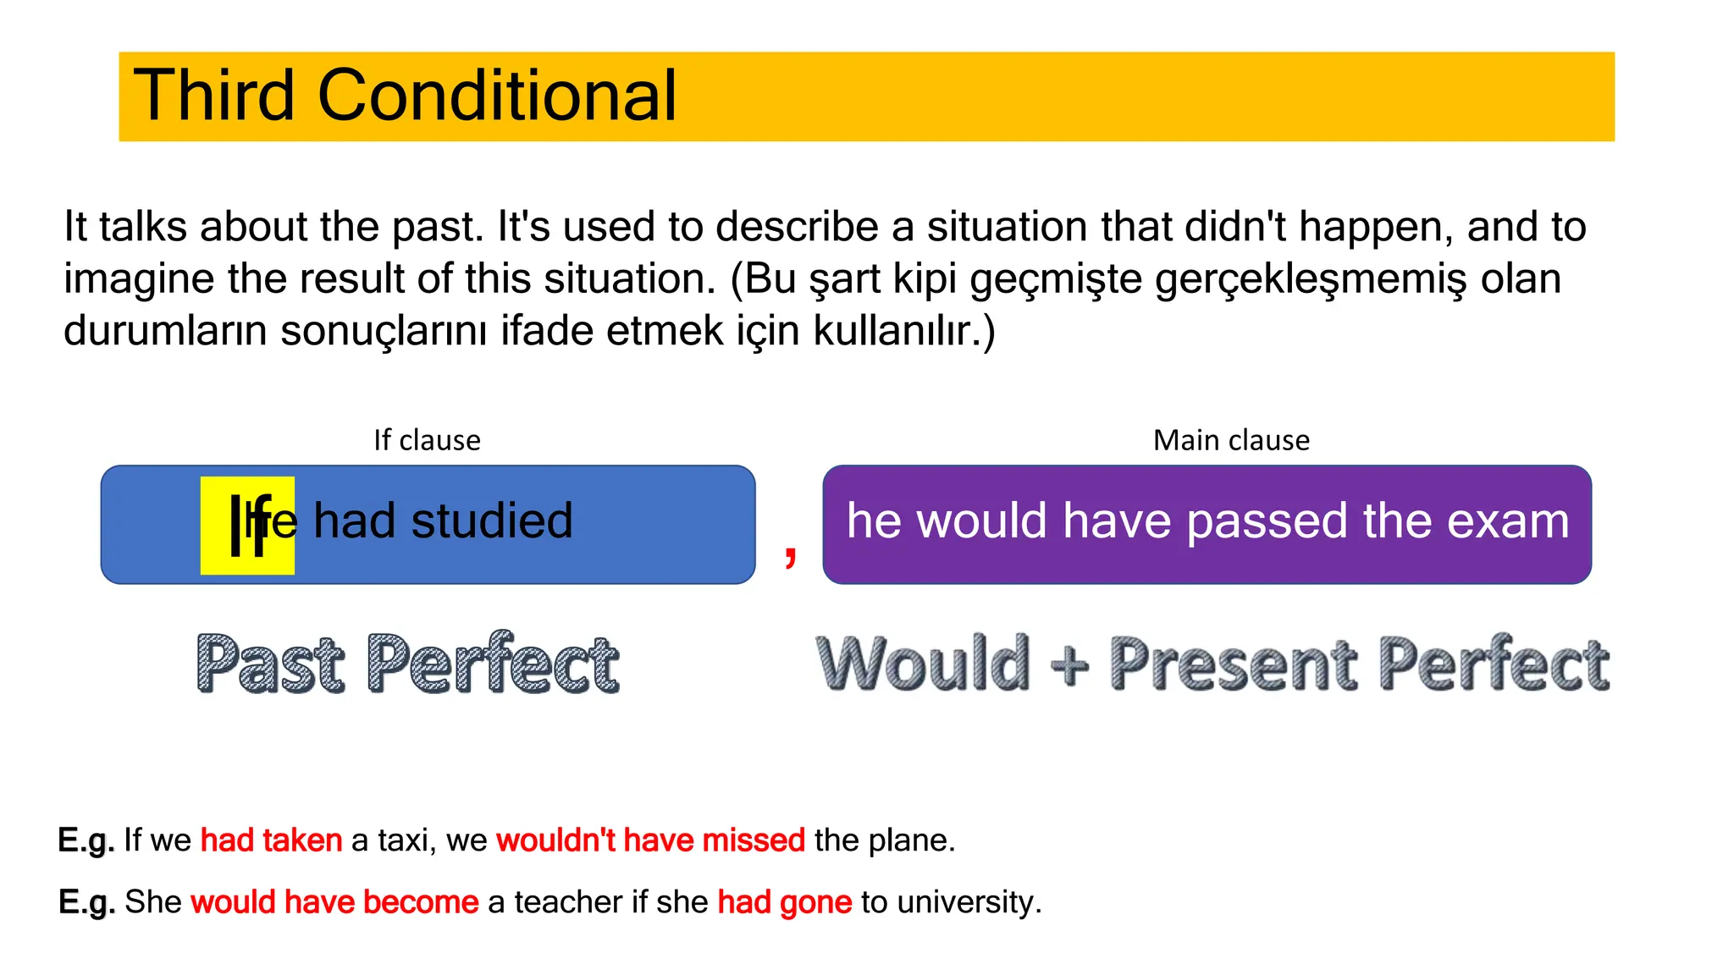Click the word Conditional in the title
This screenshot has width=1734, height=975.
pos(497,96)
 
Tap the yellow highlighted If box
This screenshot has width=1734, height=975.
pos(246,526)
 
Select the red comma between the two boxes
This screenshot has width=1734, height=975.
pos(790,555)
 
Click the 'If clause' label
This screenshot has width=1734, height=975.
pos(427,440)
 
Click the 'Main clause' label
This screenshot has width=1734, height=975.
pos(1231,440)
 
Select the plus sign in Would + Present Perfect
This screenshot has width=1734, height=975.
pos(1069,665)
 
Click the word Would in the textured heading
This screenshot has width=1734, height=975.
pos(924,664)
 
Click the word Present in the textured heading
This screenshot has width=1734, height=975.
pos(1233,665)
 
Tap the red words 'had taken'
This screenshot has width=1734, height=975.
pos(271,840)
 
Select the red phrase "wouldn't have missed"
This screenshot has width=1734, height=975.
pos(650,840)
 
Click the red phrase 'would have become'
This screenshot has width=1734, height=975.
pos(334,902)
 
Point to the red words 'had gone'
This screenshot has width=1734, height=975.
pos(784,902)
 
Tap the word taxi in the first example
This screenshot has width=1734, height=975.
pos(405,840)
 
